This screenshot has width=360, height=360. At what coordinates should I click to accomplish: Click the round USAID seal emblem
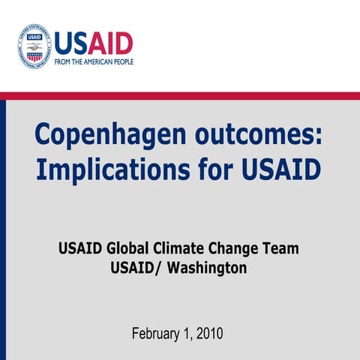point(34,47)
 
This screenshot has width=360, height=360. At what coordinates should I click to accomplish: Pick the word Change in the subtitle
point(235,248)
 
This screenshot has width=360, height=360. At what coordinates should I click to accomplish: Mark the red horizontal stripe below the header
point(180,95)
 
